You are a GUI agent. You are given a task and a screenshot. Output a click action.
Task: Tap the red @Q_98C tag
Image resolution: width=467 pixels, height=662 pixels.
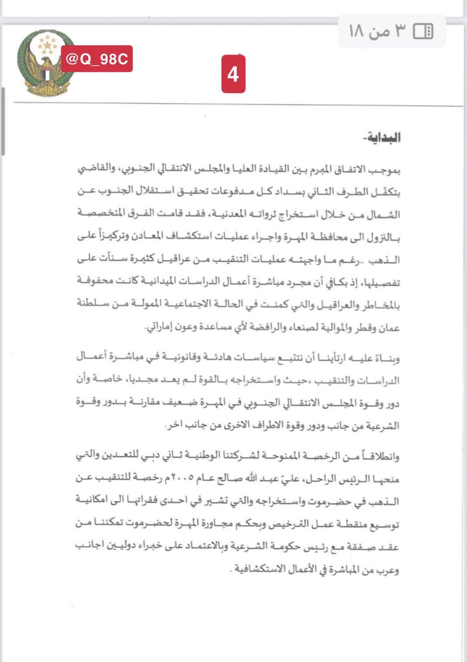click(x=96, y=59)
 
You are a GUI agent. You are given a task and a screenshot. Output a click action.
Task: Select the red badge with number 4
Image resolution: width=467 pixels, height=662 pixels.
click(x=233, y=73)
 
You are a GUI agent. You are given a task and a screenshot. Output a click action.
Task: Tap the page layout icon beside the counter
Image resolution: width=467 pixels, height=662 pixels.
click(x=423, y=31)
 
